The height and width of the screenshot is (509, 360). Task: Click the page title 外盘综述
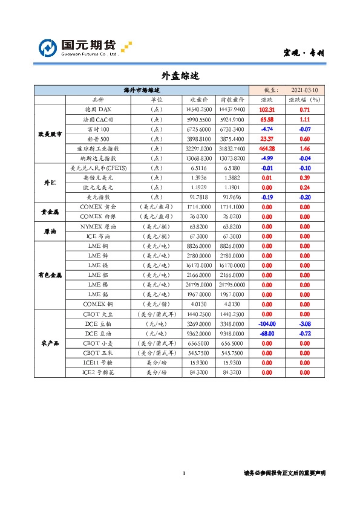click(180, 76)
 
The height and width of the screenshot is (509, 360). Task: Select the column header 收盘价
click(200, 100)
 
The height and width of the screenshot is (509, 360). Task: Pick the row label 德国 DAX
click(98, 109)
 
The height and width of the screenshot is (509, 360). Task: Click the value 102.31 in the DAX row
click(267, 109)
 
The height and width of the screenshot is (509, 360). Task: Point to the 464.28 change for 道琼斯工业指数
click(267, 148)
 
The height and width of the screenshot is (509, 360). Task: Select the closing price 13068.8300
click(200, 158)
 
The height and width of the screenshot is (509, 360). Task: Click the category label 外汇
click(50, 183)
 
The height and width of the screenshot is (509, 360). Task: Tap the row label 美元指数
click(98, 197)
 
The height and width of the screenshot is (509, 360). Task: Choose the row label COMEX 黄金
click(98, 207)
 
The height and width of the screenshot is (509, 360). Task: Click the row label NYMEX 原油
click(98, 227)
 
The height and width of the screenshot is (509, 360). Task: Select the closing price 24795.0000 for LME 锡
click(200, 285)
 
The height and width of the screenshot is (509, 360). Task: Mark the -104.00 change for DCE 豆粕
click(267, 324)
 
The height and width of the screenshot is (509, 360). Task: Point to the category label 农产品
click(50, 343)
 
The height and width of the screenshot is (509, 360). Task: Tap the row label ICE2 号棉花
click(98, 372)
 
